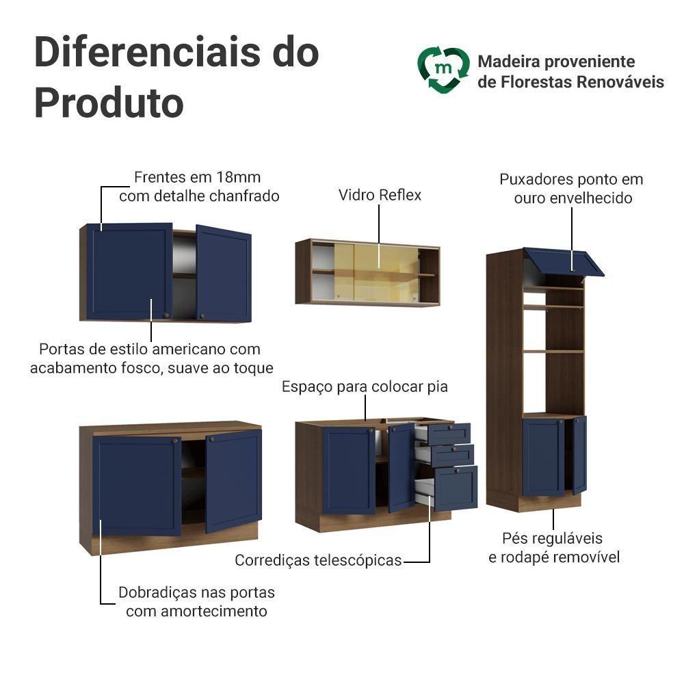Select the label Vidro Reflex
click(x=380, y=195)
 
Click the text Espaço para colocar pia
click(x=365, y=386)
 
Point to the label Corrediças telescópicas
click(x=318, y=560)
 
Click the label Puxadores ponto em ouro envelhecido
click(x=572, y=189)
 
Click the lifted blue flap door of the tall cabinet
click(x=564, y=261)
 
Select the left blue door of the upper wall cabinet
click(x=129, y=271)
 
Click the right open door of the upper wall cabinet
click(x=224, y=274)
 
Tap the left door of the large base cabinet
click(x=137, y=485)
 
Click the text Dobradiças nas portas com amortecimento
click(x=196, y=601)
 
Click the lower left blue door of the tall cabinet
click(x=542, y=457)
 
